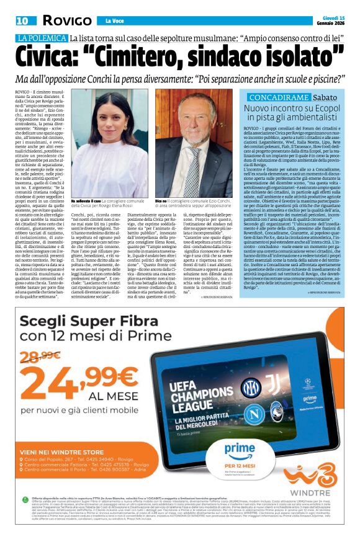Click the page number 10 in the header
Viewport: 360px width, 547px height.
[22, 20]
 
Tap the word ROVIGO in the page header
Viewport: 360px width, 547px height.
[66, 20]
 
